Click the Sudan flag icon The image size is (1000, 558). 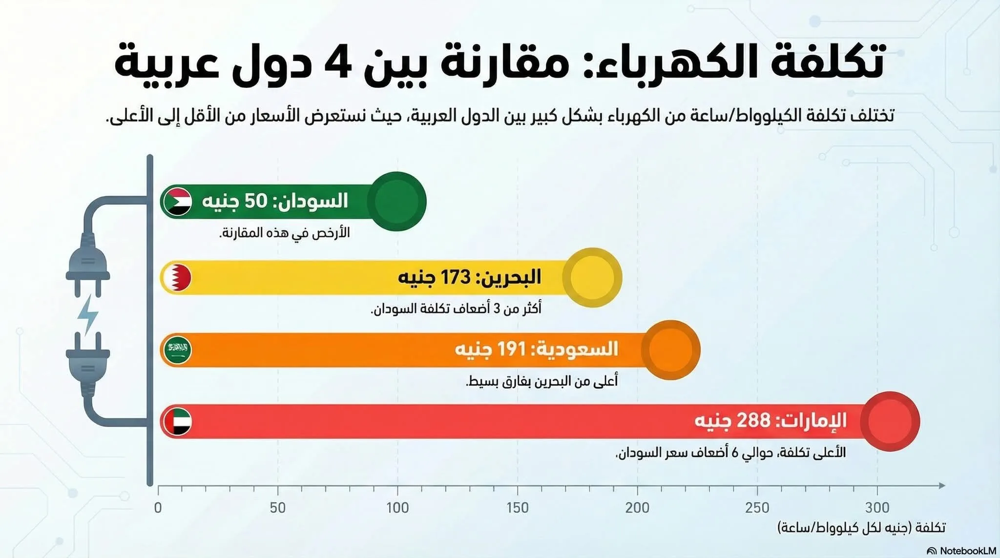(x=177, y=201)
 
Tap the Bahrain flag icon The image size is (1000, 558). (x=177, y=277)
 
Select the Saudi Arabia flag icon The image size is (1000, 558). (x=177, y=350)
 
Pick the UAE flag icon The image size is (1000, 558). (x=177, y=421)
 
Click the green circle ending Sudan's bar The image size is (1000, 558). (x=396, y=201)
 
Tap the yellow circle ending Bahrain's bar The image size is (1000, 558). (x=592, y=277)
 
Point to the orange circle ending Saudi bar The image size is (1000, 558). (x=671, y=350)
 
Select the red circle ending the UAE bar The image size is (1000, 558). (x=890, y=421)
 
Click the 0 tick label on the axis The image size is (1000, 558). (x=158, y=508)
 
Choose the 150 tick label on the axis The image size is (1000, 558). (x=517, y=508)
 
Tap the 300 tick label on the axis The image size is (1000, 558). (x=877, y=508)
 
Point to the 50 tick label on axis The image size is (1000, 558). (x=277, y=508)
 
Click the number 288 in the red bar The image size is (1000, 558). (x=753, y=420)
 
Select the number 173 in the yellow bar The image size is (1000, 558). (x=455, y=277)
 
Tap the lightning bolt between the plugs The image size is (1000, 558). (x=88, y=313)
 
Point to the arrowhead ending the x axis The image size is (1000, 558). (x=942, y=485)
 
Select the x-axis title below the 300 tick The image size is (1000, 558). (x=861, y=528)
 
